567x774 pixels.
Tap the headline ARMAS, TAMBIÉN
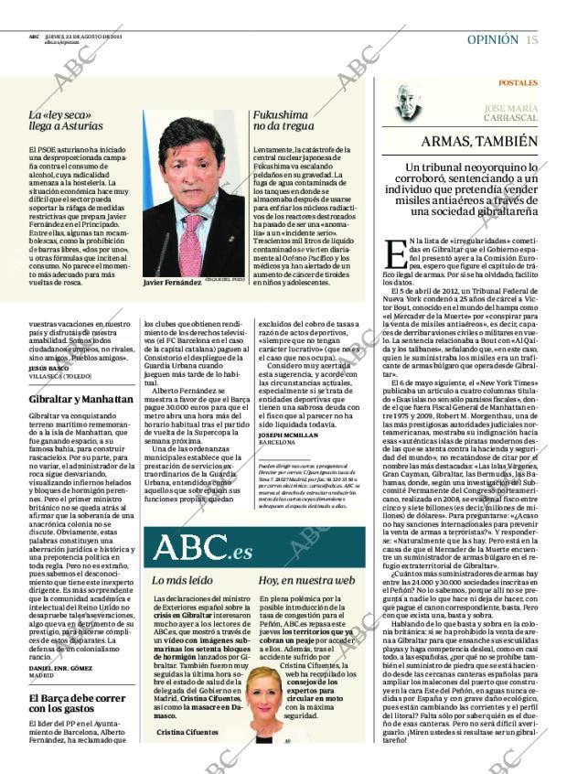(478, 142)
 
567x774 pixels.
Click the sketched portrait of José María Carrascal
(406, 102)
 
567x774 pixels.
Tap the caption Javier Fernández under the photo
(171, 283)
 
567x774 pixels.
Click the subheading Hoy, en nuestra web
(305, 580)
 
